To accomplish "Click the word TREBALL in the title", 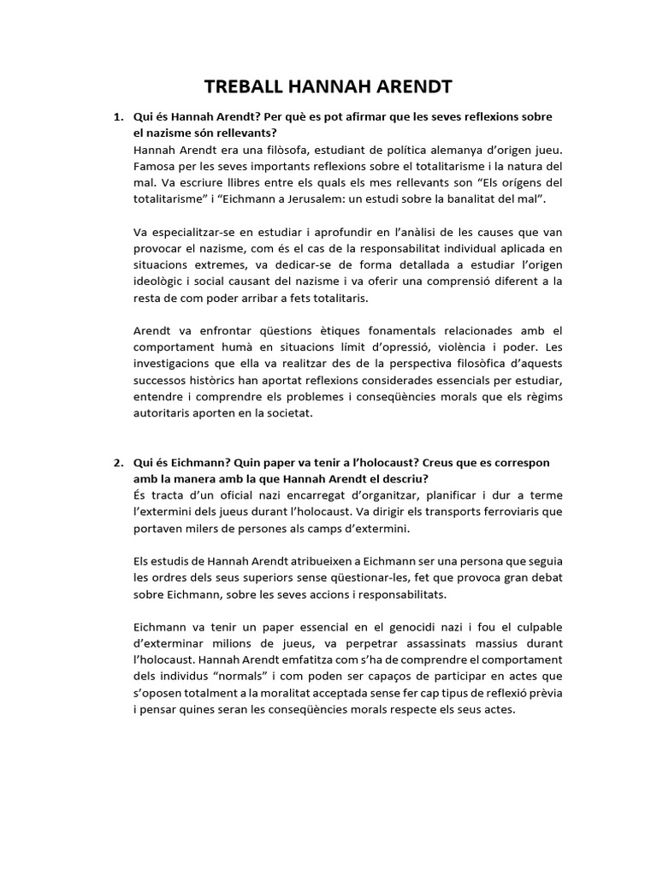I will pyautogui.click(x=246, y=86).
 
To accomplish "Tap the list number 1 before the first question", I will pyautogui.click(x=117, y=116).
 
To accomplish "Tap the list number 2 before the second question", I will pyautogui.click(x=117, y=462).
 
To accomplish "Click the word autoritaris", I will pyautogui.click(x=167, y=412).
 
